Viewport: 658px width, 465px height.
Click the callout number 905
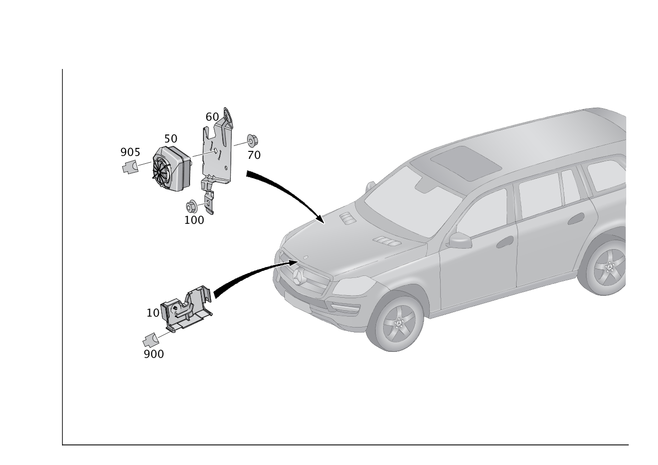tap(130, 152)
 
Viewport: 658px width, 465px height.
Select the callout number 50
tap(171, 138)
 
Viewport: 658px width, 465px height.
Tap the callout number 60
tap(212, 117)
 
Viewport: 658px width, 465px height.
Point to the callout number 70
tap(254, 155)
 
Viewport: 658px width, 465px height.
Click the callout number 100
tap(194, 220)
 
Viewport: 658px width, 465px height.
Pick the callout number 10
tap(153, 313)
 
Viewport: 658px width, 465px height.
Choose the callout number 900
tap(154, 354)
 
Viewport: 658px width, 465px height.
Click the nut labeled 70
tap(252, 141)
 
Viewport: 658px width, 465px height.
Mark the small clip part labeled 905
tap(131, 167)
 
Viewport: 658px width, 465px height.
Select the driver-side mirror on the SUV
tap(459, 240)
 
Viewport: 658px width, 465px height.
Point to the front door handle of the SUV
tap(506, 242)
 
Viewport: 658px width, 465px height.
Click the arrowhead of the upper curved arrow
tap(320, 219)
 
